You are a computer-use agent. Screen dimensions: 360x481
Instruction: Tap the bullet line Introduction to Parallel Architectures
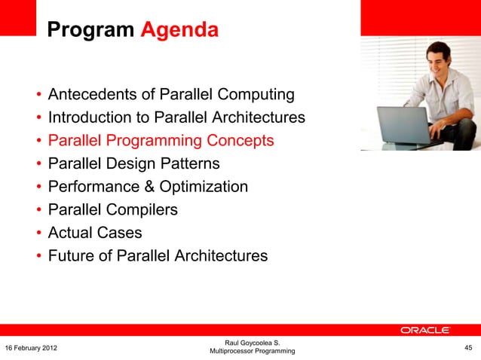click(176, 117)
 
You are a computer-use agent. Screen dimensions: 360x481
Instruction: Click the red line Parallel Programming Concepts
click(161, 141)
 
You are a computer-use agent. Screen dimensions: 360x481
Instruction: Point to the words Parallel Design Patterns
click(133, 163)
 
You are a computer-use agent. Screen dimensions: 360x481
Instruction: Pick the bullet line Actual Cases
click(94, 233)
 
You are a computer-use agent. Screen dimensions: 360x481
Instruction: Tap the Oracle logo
click(425, 330)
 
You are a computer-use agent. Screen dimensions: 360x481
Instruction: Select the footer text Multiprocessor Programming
click(252, 352)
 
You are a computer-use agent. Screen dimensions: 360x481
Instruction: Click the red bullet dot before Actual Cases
click(37, 233)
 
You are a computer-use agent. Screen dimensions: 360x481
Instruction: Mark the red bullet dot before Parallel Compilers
click(37, 210)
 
